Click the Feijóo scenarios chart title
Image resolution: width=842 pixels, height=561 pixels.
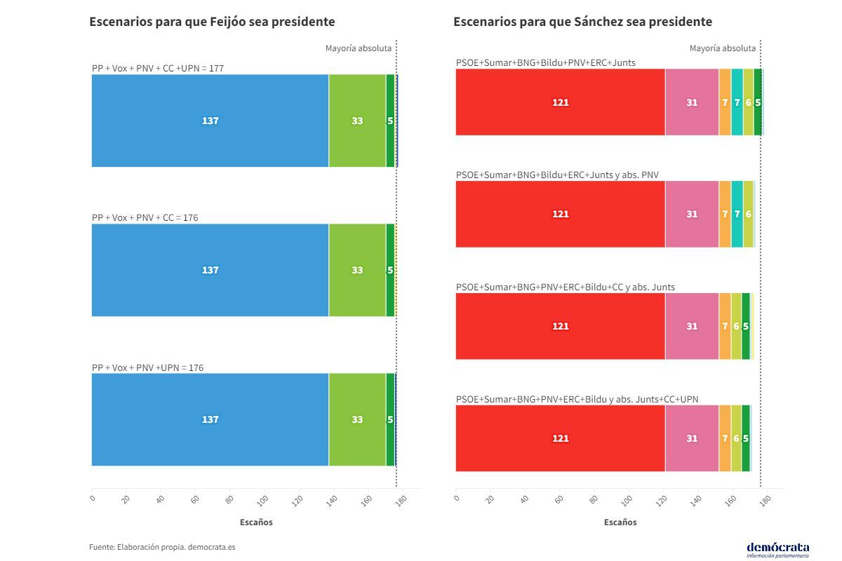(x=212, y=22)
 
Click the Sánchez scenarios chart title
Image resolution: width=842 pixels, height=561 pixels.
(x=582, y=22)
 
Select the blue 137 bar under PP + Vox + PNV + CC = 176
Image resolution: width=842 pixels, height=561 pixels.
(x=210, y=270)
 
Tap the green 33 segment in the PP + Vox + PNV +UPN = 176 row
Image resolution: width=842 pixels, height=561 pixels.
(x=357, y=419)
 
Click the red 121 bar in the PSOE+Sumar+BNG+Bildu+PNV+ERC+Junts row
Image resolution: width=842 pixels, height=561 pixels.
(x=560, y=102)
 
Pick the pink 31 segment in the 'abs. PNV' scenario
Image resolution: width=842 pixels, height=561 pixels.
(x=692, y=214)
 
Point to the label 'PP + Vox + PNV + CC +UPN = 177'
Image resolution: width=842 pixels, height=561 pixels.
(x=158, y=68)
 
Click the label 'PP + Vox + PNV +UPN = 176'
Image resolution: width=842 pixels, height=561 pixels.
(x=148, y=367)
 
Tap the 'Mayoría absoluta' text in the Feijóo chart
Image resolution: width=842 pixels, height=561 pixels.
(x=359, y=48)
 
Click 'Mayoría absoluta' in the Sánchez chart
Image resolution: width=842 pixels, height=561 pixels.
(x=723, y=48)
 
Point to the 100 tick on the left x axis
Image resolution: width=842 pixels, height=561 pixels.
(x=262, y=500)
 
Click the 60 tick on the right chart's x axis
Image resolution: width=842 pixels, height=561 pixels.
(x=559, y=500)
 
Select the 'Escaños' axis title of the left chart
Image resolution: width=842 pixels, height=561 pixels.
(x=256, y=522)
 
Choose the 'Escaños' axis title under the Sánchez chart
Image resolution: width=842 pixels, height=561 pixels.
(x=620, y=522)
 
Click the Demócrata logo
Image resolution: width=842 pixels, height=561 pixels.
(x=777, y=548)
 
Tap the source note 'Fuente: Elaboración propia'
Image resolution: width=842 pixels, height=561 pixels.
(x=162, y=547)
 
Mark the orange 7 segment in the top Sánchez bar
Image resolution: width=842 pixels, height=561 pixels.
(x=725, y=102)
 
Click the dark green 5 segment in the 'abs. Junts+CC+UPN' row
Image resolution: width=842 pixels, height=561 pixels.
(x=745, y=438)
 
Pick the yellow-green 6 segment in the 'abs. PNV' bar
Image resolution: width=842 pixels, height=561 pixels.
(x=748, y=214)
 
